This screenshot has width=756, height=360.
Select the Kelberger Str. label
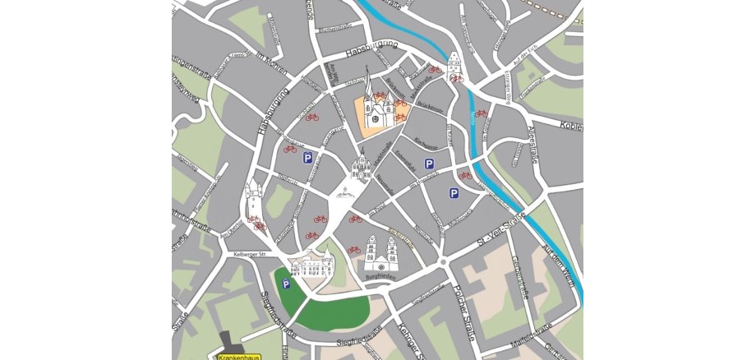pyautogui.click(x=251, y=255)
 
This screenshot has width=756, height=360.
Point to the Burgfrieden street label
pyautogui.click(x=380, y=277)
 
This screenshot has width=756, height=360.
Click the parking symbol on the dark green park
pyautogui.click(x=286, y=284)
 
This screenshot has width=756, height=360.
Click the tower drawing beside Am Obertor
pyautogui.click(x=254, y=196)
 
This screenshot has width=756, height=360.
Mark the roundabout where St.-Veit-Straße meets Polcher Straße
pyautogui.click(x=444, y=262)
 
